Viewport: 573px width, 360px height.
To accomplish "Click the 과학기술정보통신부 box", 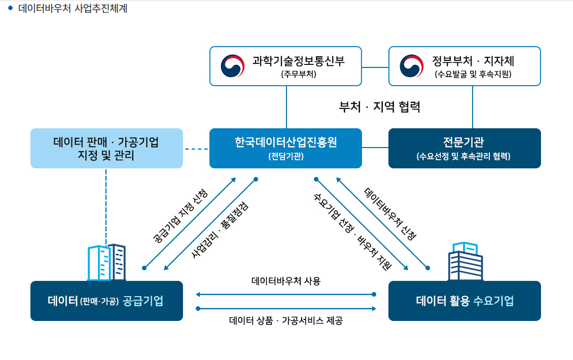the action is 285,66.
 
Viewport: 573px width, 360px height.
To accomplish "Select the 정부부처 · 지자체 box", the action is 464,66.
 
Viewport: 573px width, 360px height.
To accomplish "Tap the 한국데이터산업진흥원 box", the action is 285,149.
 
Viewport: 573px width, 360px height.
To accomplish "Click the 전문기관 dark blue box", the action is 464,149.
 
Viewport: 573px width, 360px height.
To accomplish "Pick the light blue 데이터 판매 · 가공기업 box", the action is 106,149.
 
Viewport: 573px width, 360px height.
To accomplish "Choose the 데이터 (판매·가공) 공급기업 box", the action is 106,301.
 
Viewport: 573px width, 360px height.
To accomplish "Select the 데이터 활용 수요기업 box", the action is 464,301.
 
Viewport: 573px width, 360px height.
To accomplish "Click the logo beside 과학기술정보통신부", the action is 232,66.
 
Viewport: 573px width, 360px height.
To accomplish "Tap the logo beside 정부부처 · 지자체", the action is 411,66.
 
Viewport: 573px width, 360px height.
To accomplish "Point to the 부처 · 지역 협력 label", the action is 380,106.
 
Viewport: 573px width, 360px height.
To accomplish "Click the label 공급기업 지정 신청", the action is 180,216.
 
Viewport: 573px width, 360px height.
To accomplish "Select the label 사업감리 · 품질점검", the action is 220,230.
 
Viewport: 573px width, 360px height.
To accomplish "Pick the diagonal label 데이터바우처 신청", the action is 390,214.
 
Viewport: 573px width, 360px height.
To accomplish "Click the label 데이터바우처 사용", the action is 286,281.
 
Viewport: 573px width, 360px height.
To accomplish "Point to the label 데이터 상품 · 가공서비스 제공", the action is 286,321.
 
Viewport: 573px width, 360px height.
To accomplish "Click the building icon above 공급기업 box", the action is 106,263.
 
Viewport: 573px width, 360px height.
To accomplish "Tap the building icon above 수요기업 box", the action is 465,261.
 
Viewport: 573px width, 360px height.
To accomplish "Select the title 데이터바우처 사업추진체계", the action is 73,9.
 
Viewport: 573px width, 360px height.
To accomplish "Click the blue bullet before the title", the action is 10,8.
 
